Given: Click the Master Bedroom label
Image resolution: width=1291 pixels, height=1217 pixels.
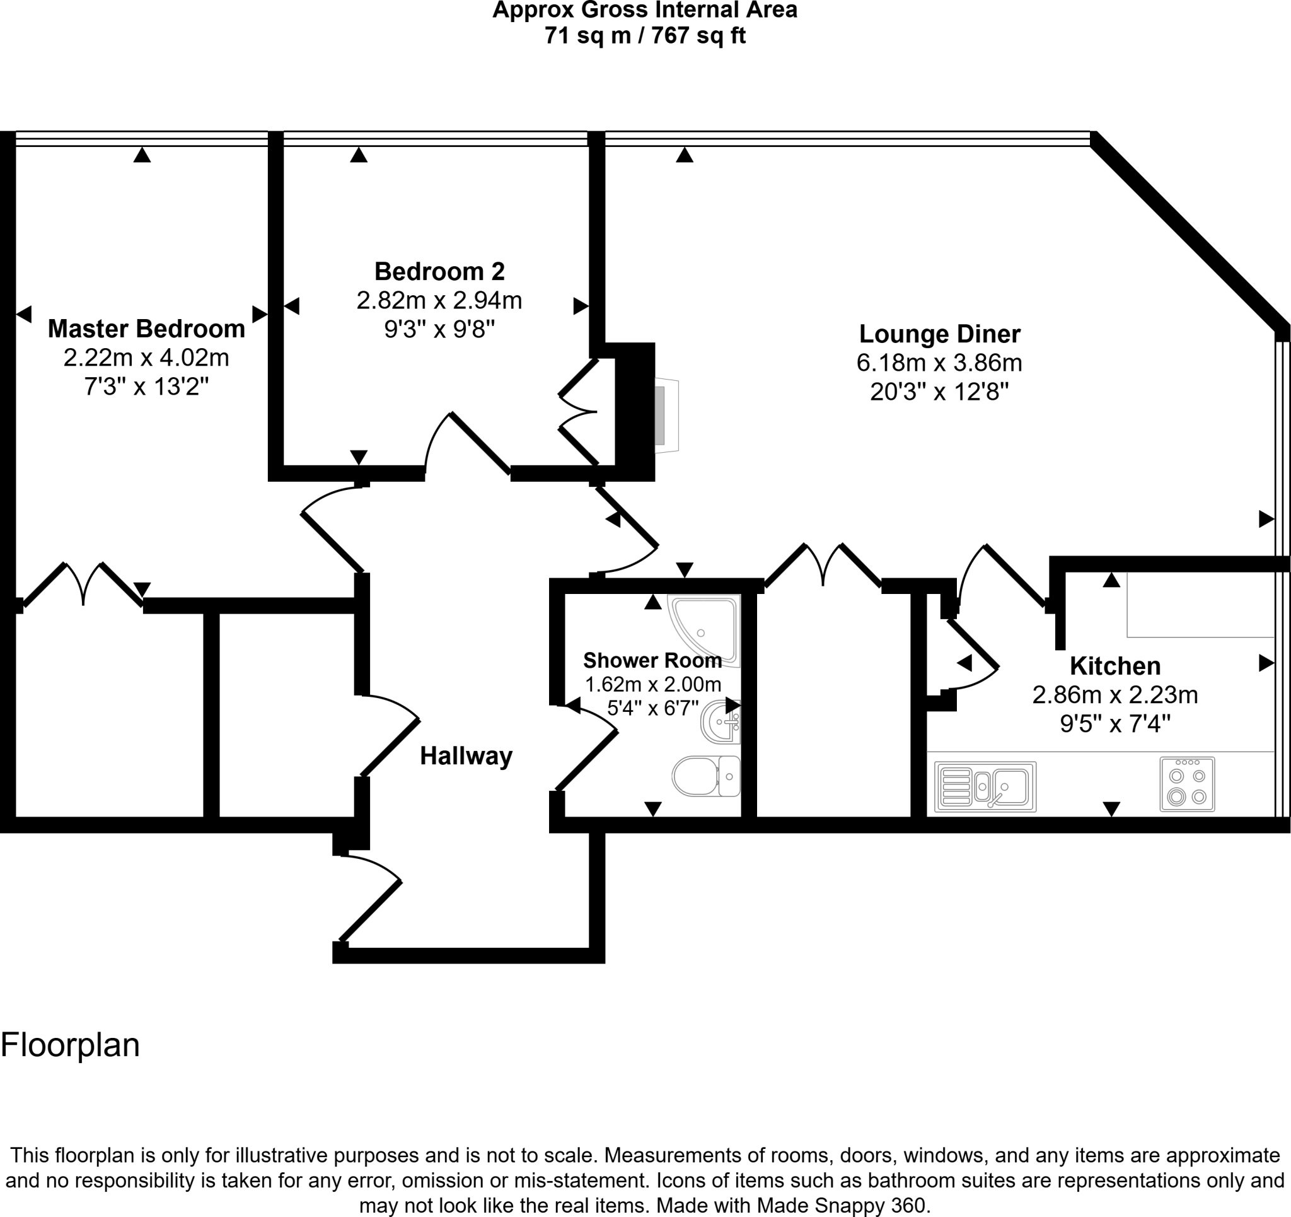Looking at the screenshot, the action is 146,329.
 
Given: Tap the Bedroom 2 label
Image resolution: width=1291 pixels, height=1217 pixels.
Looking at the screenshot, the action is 439,271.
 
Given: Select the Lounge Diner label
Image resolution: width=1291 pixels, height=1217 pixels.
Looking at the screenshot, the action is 940,334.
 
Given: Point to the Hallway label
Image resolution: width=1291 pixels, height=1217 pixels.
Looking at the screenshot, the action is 466,755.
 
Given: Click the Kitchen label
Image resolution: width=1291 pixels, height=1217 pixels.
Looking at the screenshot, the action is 1115,666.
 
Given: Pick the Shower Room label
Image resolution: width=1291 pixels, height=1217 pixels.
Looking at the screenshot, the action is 652,660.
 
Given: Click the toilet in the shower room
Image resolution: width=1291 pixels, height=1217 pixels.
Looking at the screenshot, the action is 706,776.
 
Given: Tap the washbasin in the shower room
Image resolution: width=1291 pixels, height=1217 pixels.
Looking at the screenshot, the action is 720,721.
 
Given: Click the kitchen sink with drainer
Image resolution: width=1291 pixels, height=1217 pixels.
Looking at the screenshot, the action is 985,787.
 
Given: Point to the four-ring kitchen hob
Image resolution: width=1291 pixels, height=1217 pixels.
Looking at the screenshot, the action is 1187,784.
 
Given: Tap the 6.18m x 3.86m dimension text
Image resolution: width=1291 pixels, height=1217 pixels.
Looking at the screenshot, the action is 939,363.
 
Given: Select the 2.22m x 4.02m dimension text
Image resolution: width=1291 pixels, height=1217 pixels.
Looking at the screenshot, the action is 146,358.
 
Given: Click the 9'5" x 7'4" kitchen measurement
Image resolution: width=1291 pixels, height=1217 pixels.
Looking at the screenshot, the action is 1115,723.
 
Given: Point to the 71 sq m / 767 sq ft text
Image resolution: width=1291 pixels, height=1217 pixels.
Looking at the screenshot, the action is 645,35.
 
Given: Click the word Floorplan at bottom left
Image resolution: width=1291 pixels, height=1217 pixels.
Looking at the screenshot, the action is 70,1045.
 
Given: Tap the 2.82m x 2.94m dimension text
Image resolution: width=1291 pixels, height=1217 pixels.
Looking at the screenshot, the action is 439,300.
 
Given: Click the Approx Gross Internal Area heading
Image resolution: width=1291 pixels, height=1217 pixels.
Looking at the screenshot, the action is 645,10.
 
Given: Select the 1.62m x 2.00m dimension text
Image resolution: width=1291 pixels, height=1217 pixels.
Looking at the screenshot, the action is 652,684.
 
